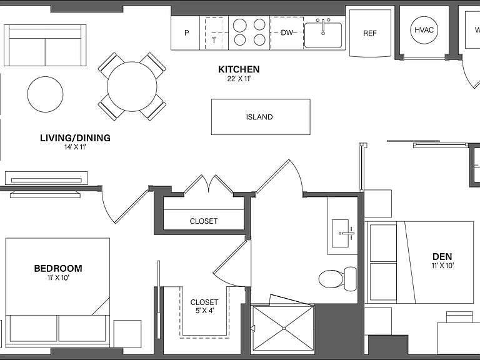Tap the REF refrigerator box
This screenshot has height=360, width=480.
tap(370, 33)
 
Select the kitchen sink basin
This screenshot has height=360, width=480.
tap(323, 35)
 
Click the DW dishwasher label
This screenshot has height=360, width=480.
tap(287, 32)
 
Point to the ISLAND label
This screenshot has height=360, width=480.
tap(259, 117)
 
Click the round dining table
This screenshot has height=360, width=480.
tap(132, 87)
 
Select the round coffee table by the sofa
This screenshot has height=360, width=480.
tap(45, 94)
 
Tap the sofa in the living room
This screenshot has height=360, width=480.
tap(45, 45)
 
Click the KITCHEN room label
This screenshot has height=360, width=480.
tap(239, 69)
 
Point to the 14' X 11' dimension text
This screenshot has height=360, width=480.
tap(75, 147)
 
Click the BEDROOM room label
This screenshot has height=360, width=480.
tap(58, 269)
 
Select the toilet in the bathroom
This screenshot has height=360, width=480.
tap(337, 279)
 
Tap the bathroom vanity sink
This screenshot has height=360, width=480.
tap(341, 233)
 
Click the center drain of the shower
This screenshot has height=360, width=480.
tap(284, 329)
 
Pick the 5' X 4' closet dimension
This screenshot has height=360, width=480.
tap(204, 311)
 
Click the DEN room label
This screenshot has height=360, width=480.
tap(442, 256)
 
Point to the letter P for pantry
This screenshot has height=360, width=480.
tap(187, 32)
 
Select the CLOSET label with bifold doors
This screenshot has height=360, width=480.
tap(204, 221)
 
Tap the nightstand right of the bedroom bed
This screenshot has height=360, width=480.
tap(127, 334)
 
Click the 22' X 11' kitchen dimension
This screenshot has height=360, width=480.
tap(239, 79)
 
